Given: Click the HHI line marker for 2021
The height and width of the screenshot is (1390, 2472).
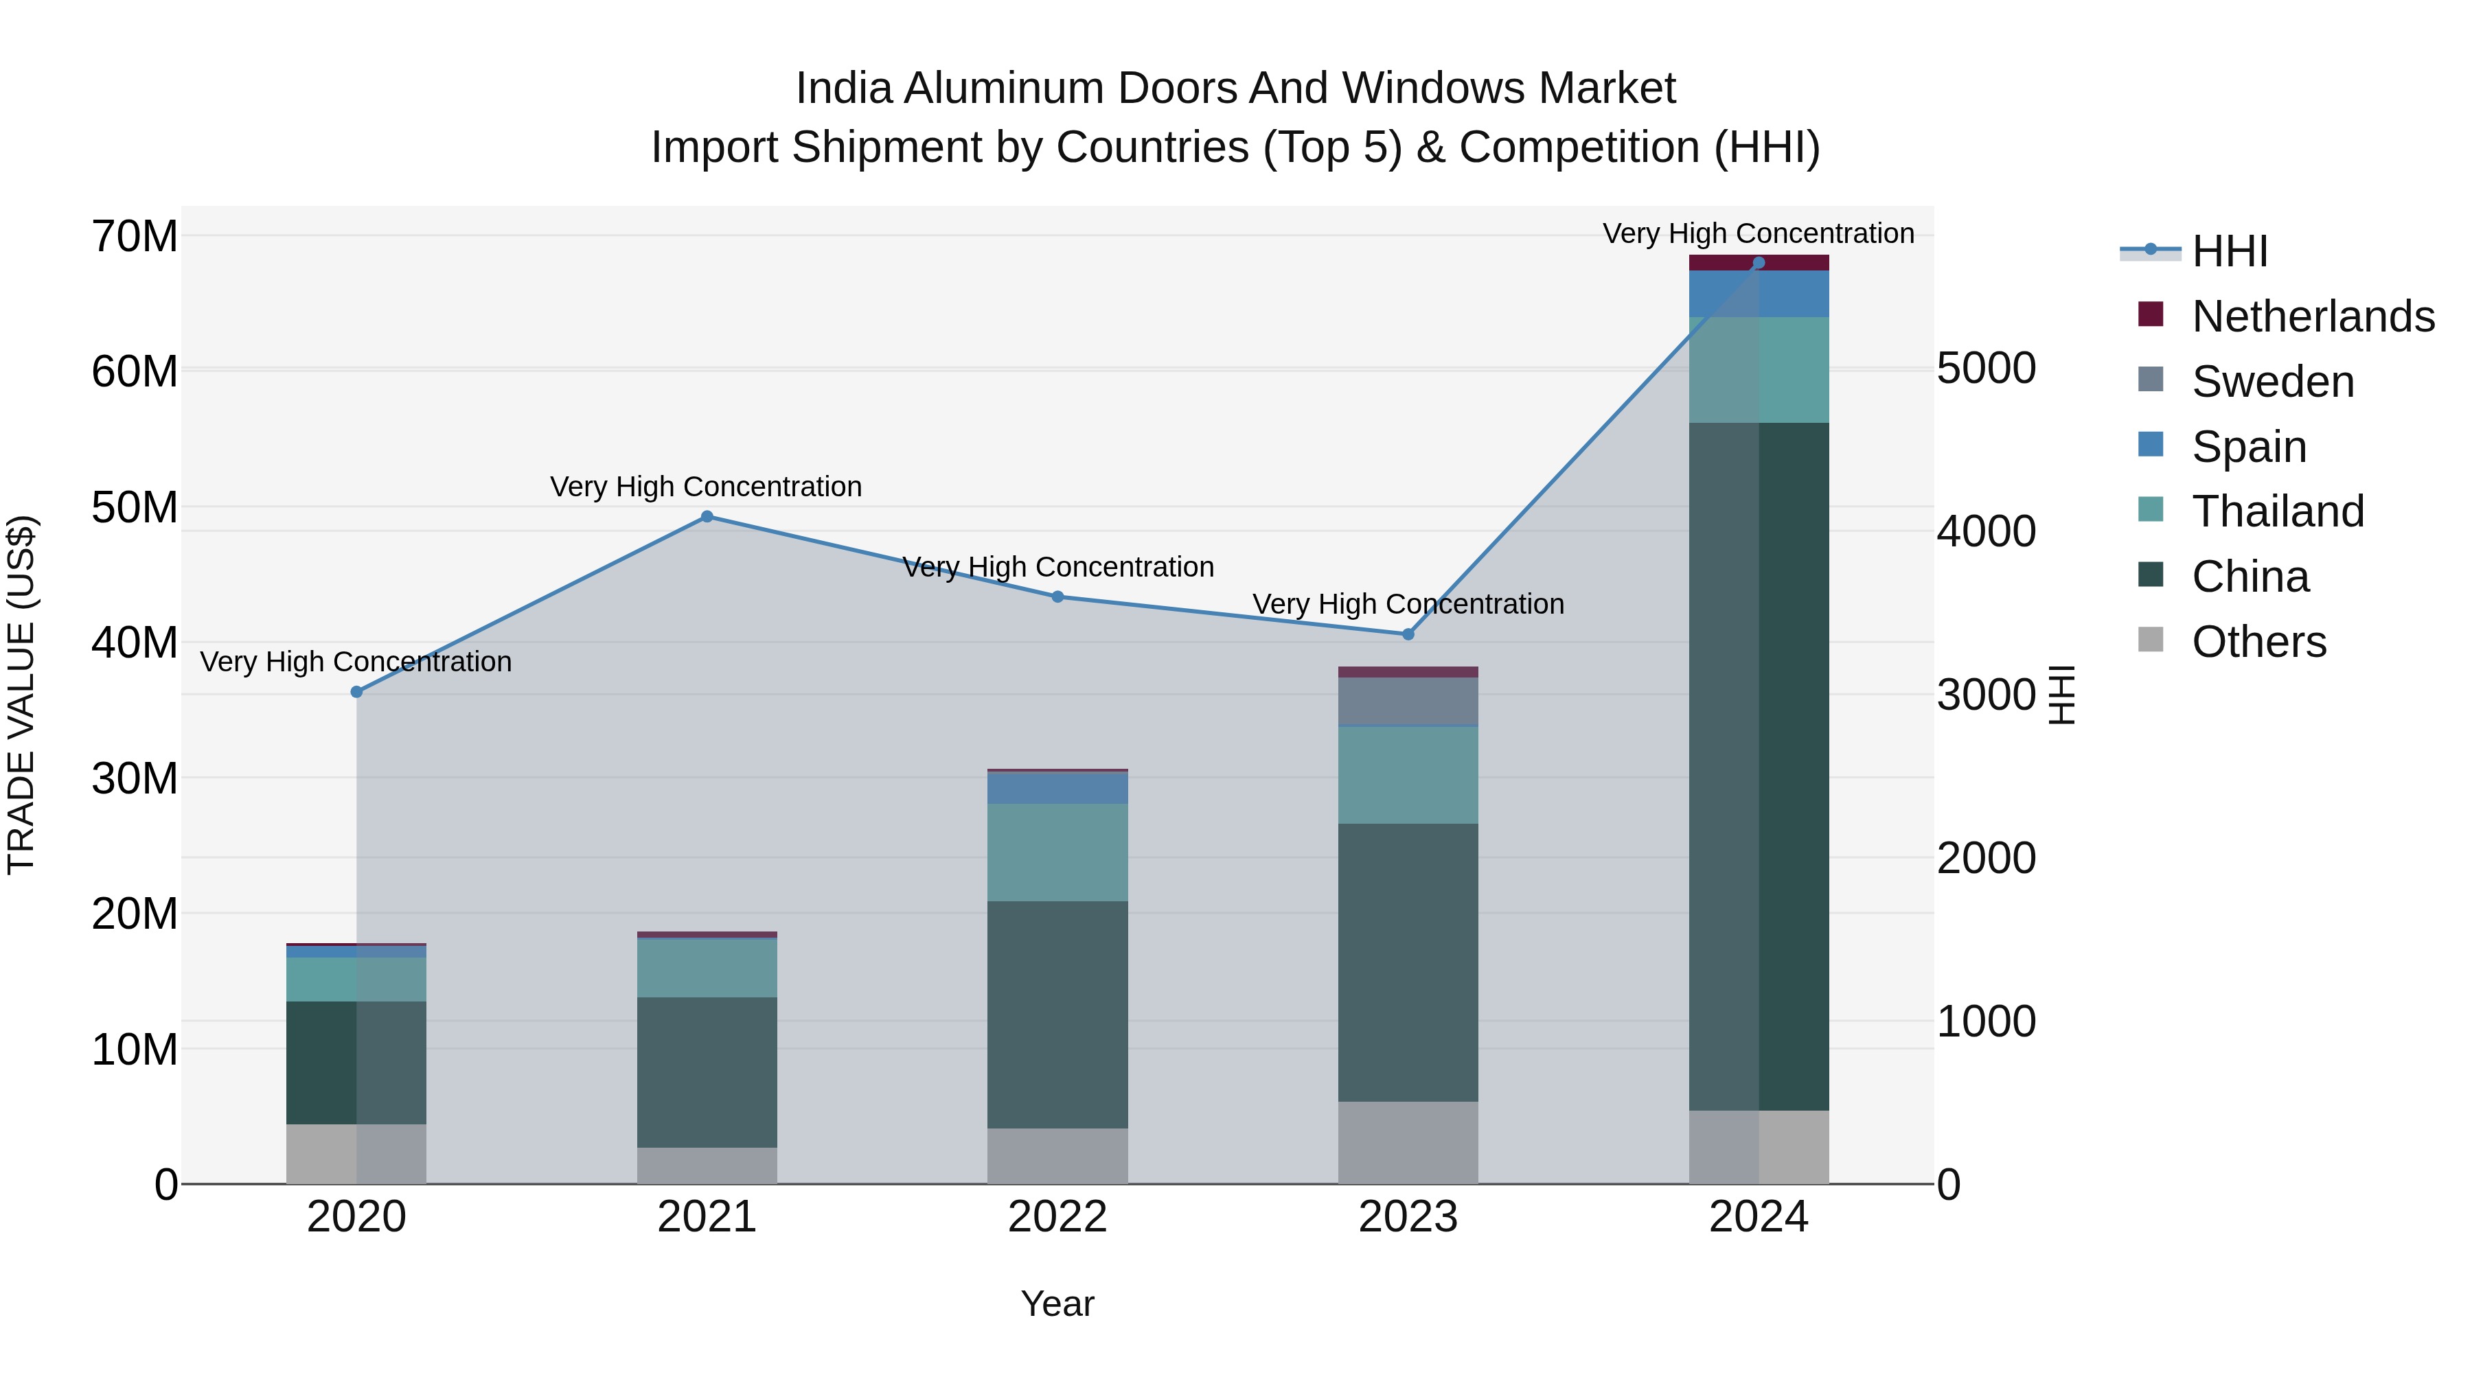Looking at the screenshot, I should tap(707, 516).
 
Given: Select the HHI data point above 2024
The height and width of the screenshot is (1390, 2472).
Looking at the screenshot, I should tap(1758, 263).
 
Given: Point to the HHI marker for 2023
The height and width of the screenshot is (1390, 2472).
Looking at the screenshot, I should tap(1408, 634).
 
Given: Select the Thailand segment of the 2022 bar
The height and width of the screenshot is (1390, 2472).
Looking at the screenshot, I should tap(1057, 852).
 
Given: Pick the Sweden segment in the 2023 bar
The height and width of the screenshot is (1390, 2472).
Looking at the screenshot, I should tap(1408, 702).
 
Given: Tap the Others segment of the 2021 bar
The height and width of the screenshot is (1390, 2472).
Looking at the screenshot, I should tap(707, 1165).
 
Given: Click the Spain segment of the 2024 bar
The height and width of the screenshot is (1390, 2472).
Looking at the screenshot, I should tap(1758, 294).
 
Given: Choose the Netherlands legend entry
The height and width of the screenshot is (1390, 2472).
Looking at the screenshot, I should tap(2313, 316).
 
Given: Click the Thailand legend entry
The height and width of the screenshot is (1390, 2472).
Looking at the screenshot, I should tap(2277, 511).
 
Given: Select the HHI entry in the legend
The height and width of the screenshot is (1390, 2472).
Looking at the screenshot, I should tap(2229, 251).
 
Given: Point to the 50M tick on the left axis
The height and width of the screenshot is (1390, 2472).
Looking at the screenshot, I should tap(135, 507).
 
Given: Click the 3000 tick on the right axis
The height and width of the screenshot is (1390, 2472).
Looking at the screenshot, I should tap(1985, 695).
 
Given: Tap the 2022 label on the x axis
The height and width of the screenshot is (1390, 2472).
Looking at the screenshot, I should tap(1057, 1217).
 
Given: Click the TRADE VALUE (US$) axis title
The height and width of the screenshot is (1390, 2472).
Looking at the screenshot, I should tap(22, 695).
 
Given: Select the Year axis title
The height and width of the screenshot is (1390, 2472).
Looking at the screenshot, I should tap(1057, 1304).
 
